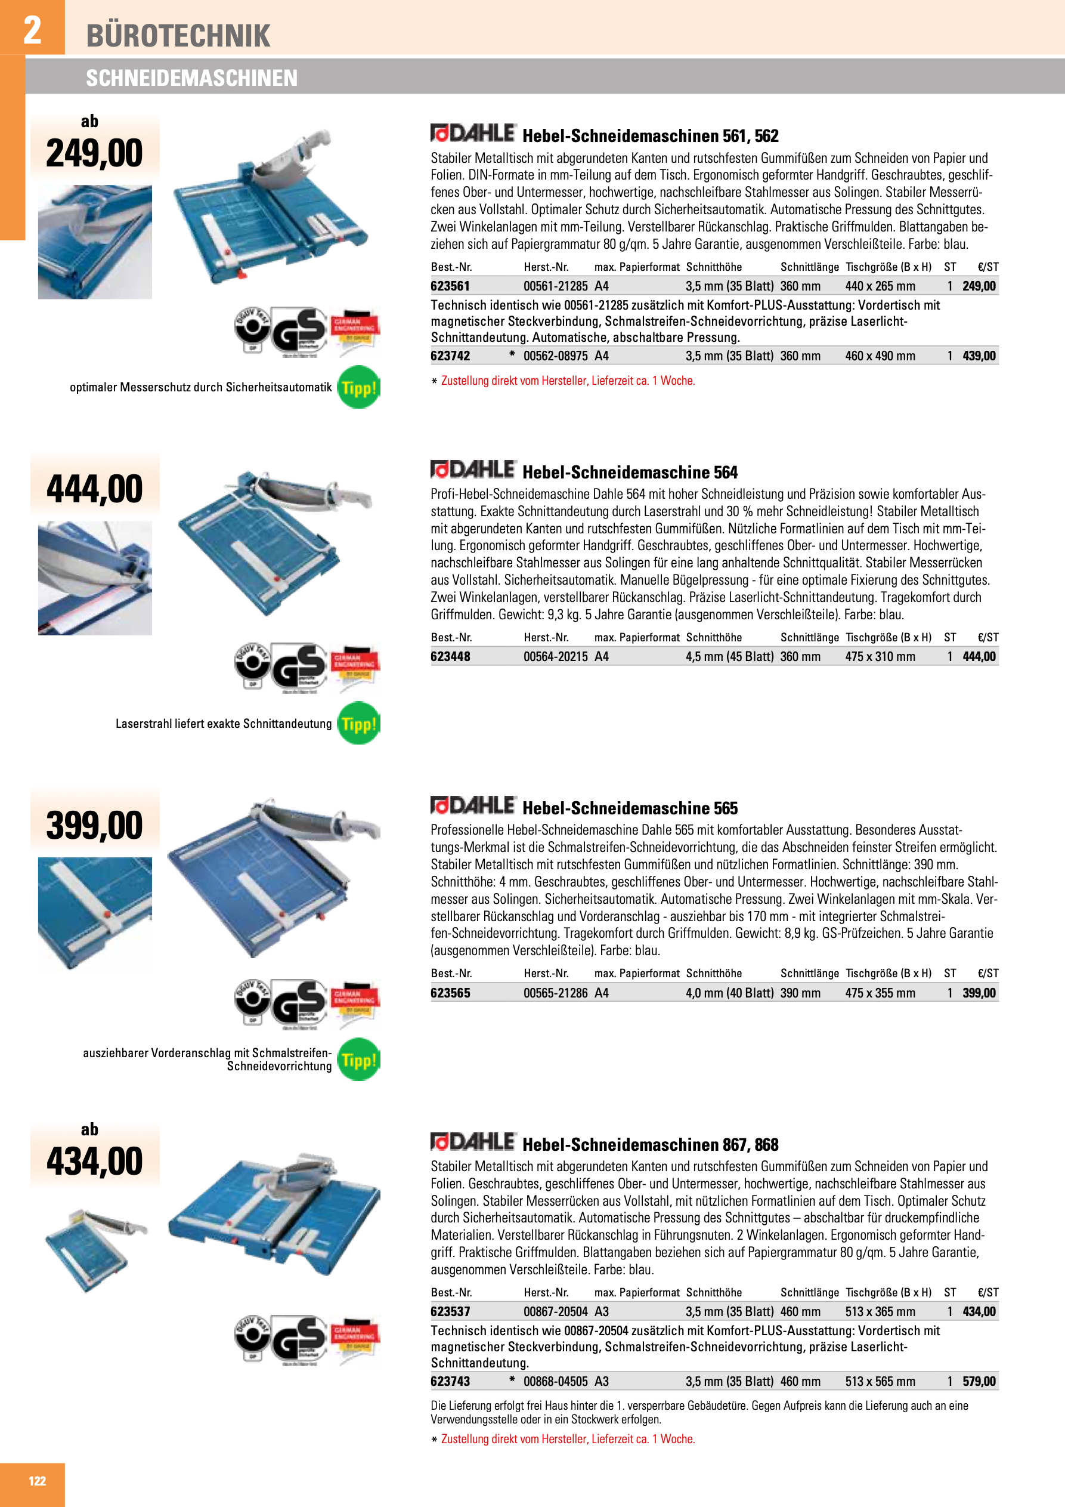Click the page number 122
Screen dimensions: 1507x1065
tap(38, 1481)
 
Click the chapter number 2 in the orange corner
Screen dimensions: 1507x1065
tap(32, 30)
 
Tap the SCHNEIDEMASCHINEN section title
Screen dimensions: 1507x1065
tap(191, 78)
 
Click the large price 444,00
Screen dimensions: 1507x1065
tap(94, 490)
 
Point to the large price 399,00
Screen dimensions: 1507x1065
tap(94, 826)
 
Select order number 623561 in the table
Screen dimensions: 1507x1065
tap(450, 286)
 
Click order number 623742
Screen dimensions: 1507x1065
tap(450, 356)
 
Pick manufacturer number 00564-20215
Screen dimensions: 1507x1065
tap(555, 656)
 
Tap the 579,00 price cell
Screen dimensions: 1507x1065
tap(979, 1382)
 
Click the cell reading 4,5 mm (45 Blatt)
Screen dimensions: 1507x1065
tap(729, 656)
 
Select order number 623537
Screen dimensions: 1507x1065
tap(450, 1311)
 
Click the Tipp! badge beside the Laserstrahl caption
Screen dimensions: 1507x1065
tap(358, 723)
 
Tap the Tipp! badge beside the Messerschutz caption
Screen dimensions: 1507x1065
tap(358, 387)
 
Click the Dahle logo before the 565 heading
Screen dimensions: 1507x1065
tap(473, 805)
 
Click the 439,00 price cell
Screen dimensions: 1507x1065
tap(979, 356)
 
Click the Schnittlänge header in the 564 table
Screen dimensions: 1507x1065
tap(809, 637)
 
